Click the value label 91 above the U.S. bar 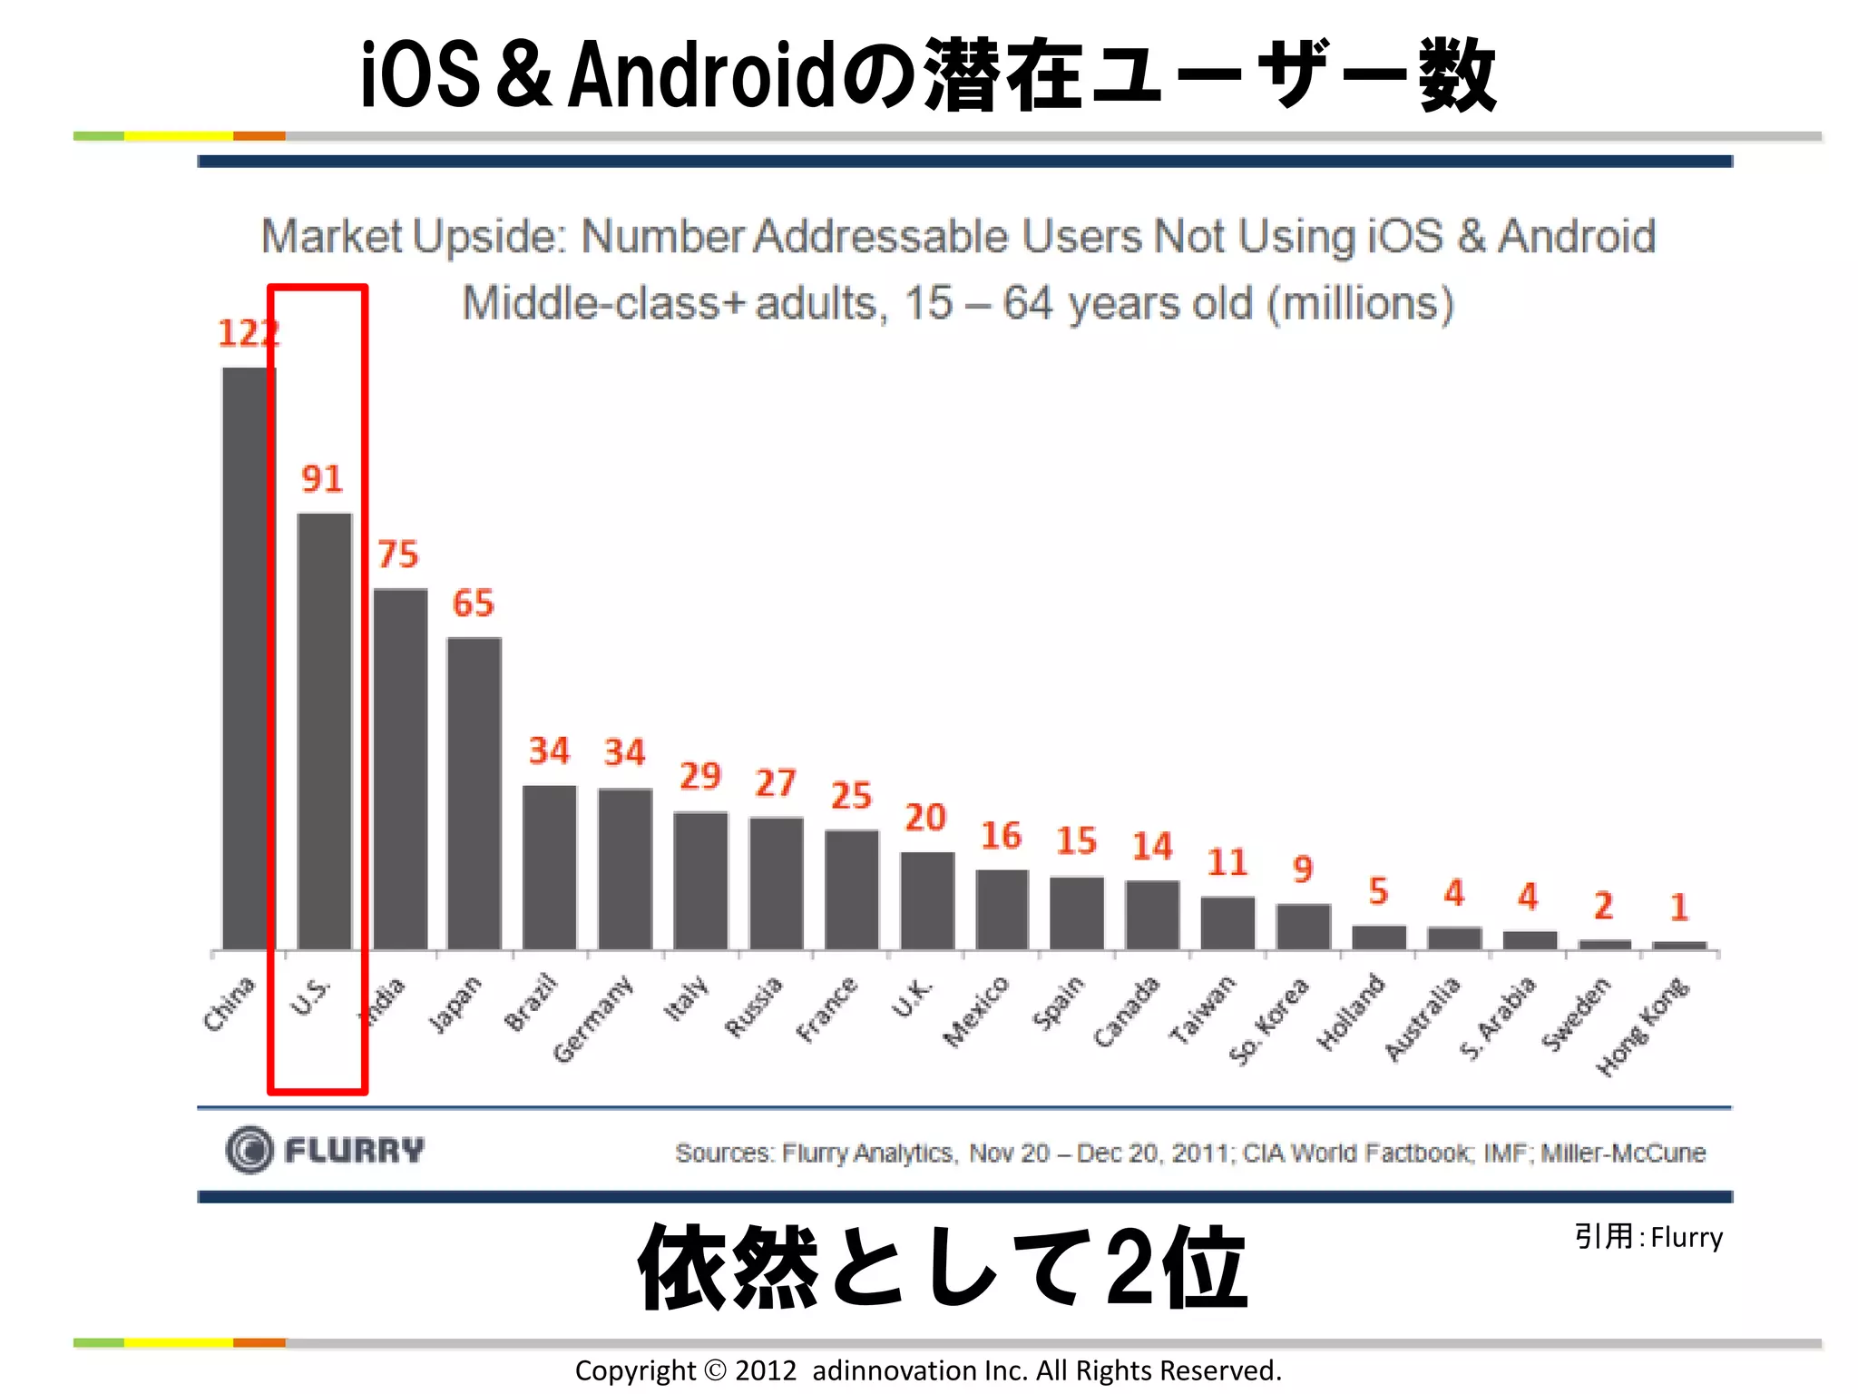[x=322, y=478]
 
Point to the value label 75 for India [x=397, y=554]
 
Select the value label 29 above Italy [x=700, y=776]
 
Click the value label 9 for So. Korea [x=1303, y=869]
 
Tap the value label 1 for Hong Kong [x=1679, y=907]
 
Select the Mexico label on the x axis [x=975, y=1012]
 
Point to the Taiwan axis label [x=1201, y=1009]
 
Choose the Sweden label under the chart [x=1577, y=1014]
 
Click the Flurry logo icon [x=249, y=1150]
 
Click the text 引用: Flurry [x=1648, y=1236]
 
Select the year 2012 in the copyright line [x=766, y=1370]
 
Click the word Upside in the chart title [x=488, y=237]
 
